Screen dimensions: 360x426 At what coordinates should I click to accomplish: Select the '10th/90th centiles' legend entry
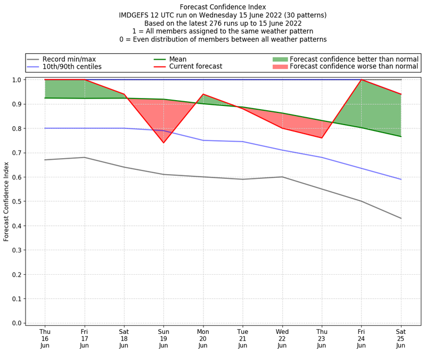pyautogui.click(x=72, y=67)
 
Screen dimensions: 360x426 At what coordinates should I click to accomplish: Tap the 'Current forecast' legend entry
pyautogui.click(x=195, y=67)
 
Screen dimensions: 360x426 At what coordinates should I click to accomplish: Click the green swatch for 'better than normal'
pyautogui.click(x=280, y=59)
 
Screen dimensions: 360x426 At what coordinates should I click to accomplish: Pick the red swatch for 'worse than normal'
pyautogui.click(x=280, y=67)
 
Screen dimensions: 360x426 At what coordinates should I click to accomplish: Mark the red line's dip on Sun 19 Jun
pyautogui.click(x=163, y=143)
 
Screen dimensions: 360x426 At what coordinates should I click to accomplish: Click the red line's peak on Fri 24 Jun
pyautogui.click(x=361, y=80)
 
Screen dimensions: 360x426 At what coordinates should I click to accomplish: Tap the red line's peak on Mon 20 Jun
pyautogui.click(x=203, y=94)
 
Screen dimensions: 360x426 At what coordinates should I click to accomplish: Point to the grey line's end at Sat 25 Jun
pyautogui.click(x=401, y=218)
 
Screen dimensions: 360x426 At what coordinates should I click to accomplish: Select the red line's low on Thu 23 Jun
pyautogui.click(x=322, y=138)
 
